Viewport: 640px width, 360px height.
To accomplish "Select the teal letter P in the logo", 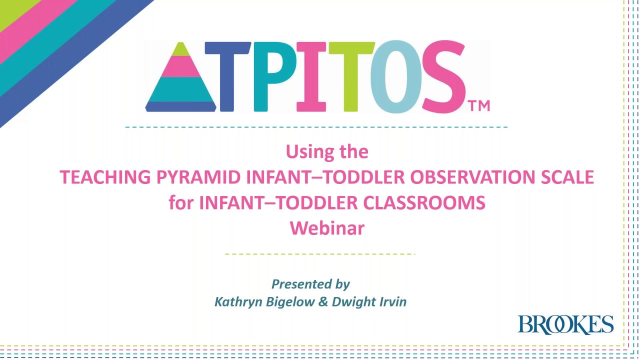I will (275, 76).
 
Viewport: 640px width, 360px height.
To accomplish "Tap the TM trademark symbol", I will (478, 105).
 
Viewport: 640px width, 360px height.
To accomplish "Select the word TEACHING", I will (105, 177).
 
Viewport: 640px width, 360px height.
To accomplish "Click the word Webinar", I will (327, 228).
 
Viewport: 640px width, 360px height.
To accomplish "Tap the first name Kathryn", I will (237, 301).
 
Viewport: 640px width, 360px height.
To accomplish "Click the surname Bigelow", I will (290, 301).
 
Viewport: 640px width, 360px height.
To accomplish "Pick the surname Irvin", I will (393, 301).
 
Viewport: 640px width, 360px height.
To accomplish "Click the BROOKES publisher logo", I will (565, 324).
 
